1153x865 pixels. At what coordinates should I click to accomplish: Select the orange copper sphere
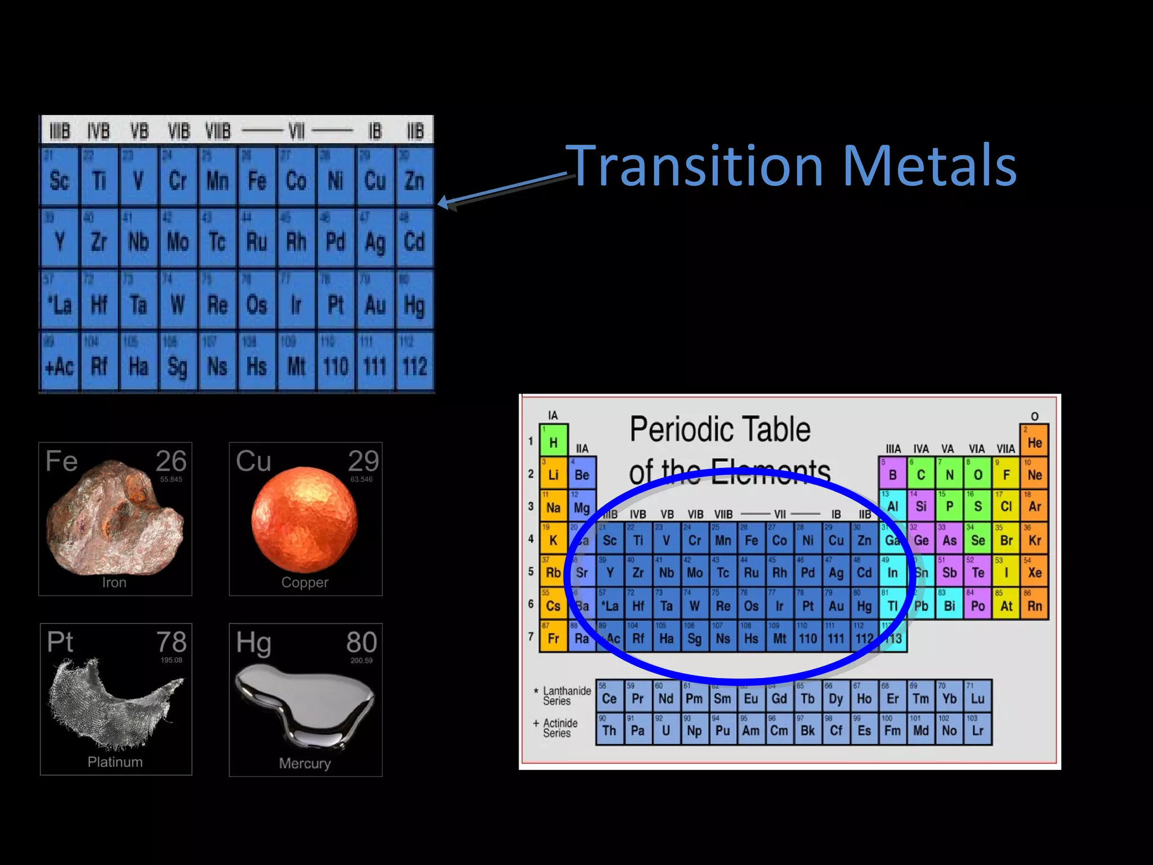click(304, 518)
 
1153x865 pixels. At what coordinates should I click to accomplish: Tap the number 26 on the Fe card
click(171, 461)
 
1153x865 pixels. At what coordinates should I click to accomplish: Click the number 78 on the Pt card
click(171, 642)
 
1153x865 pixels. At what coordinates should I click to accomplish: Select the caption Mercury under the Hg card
click(305, 763)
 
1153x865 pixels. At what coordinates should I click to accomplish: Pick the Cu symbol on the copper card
click(253, 461)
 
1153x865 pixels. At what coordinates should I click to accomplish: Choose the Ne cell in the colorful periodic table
click(1034, 474)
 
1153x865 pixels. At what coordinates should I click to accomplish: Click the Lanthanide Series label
click(566, 695)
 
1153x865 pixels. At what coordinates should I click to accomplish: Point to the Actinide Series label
click(560, 728)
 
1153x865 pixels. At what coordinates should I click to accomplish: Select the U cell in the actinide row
click(666, 730)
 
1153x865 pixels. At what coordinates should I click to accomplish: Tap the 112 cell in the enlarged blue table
click(414, 366)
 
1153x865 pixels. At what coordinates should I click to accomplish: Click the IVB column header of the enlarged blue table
click(99, 131)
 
